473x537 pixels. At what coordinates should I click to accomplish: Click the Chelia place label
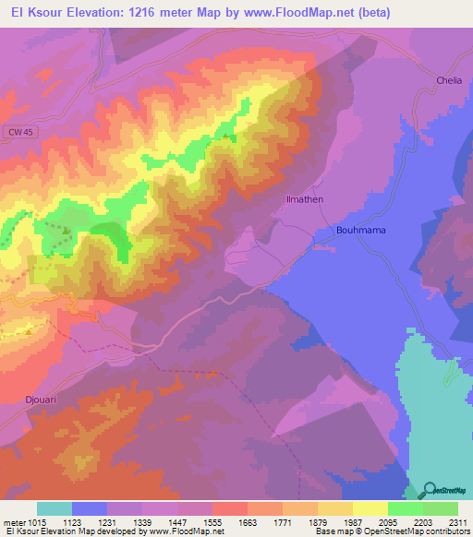(x=448, y=81)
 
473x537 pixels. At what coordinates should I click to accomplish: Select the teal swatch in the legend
(x=55, y=508)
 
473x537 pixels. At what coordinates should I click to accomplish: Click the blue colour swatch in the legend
(x=90, y=508)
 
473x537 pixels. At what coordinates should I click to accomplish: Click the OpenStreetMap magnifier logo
(x=429, y=492)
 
